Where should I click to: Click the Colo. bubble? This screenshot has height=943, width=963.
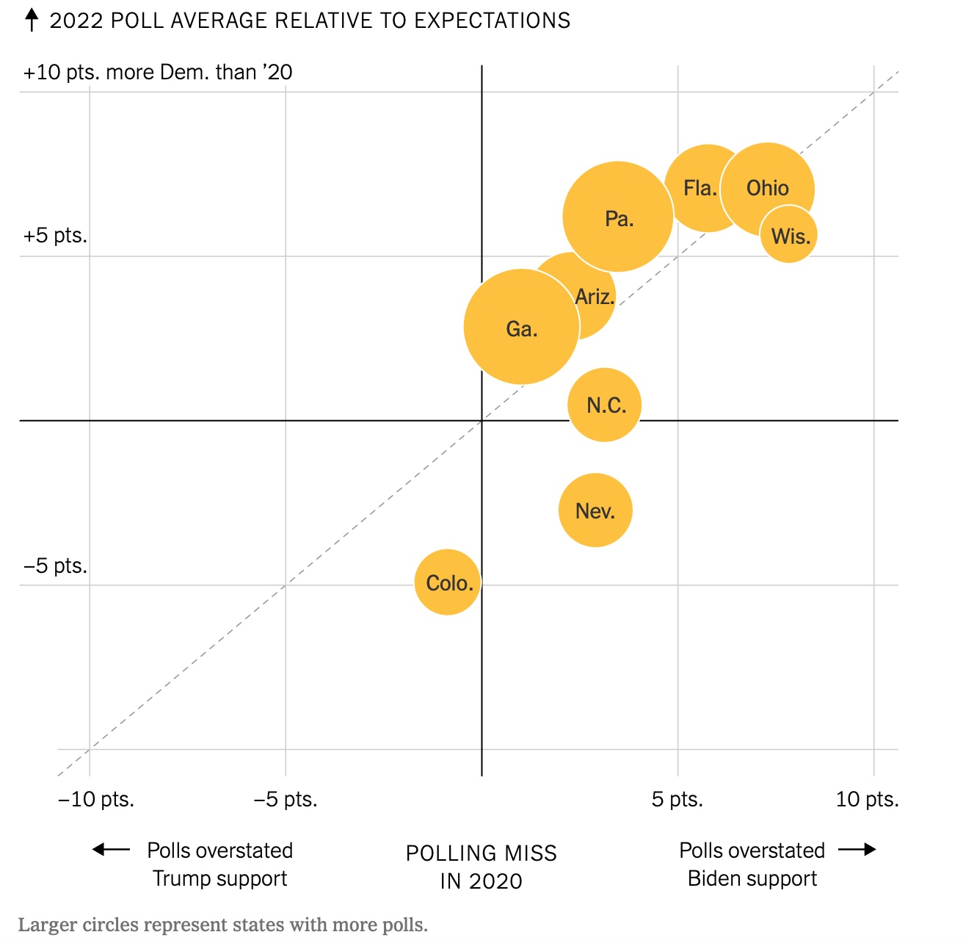(447, 582)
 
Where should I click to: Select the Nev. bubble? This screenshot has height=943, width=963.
(595, 510)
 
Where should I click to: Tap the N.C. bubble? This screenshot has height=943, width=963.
(605, 405)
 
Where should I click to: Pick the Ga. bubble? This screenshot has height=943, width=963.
(521, 328)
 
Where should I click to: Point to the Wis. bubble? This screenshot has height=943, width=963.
(790, 236)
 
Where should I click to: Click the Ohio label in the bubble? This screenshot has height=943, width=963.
(768, 188)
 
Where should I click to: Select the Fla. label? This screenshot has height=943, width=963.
(699, 188)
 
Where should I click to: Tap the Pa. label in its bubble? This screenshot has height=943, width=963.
(619, 219)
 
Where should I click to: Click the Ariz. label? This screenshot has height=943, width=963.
(595, 297)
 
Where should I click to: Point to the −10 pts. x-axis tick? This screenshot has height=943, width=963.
(96, 799)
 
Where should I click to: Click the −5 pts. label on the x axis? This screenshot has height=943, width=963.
(286, 799)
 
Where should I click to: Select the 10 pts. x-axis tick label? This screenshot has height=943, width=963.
(867, 799)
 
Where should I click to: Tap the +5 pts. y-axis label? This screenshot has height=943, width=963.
(55, 236)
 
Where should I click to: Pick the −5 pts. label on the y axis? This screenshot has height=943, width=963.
(55, 566)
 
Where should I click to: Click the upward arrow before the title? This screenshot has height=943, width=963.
(32, 20)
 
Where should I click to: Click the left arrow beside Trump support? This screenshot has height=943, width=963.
(111, 850)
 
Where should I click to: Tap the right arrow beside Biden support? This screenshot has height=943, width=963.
(857, 850)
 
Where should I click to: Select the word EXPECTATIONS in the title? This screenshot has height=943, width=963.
(492, 21)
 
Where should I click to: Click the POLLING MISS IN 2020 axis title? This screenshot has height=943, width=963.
(481, 867)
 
